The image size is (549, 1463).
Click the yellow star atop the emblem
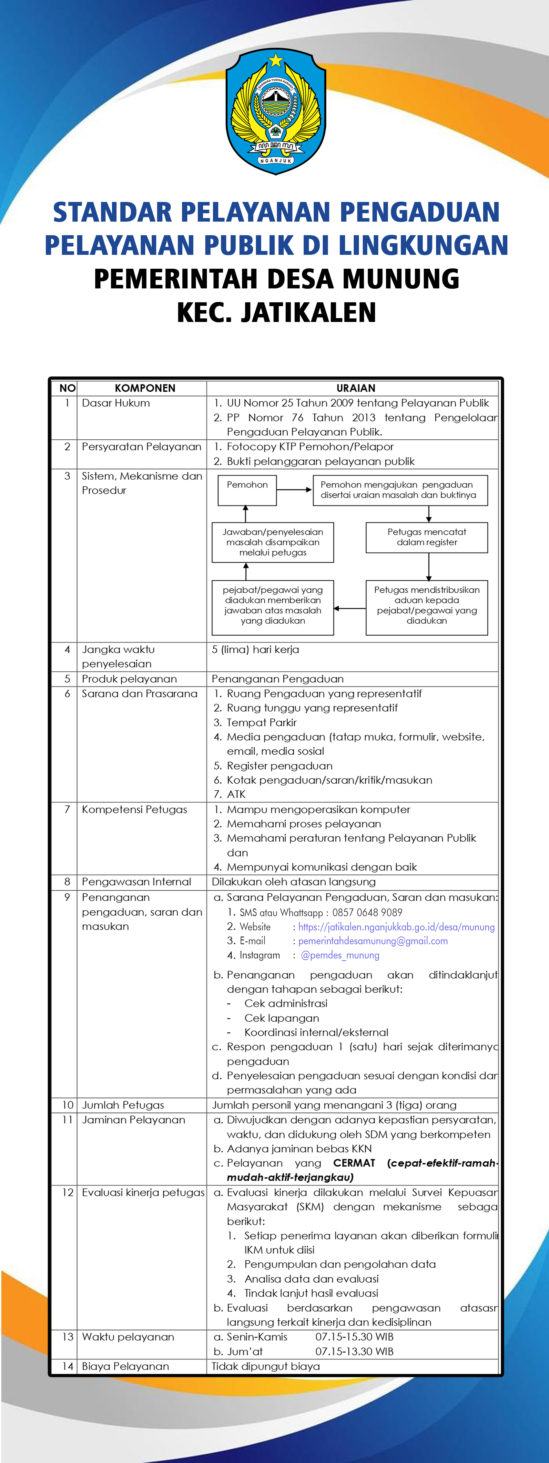point(276,60)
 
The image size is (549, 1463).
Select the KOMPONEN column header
point(145,388)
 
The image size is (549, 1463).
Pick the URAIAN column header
point(356,388)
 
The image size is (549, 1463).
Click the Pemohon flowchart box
point(247,490)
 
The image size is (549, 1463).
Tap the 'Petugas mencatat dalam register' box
point(426,537)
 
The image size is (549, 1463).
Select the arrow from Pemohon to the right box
point(294,490)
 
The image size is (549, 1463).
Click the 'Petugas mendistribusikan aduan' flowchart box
point(426,606)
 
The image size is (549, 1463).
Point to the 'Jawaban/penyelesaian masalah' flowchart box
point(273,542)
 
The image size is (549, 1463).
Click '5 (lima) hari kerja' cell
point(256,649)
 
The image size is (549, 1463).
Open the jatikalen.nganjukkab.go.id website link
point(396,927)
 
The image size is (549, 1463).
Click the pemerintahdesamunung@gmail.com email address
point(373,941)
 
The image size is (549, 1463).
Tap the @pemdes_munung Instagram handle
point(340,955)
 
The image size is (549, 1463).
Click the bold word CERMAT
point(354,1163)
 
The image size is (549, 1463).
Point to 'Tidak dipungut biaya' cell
point(266,1367)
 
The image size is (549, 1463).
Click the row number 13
point(68,1337)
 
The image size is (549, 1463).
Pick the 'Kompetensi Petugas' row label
point(134,809)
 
